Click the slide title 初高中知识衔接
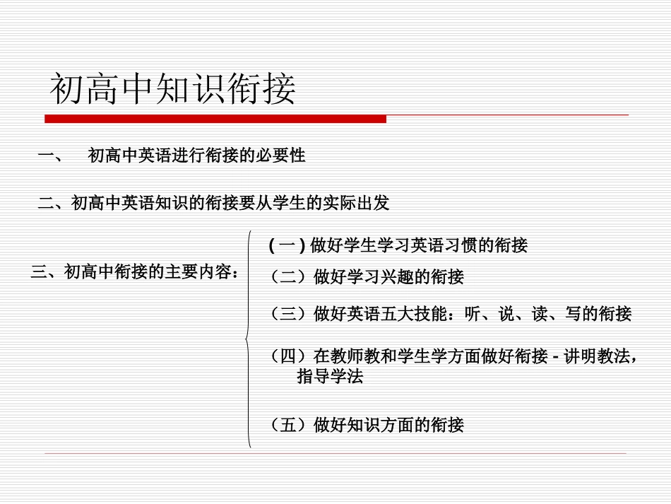pyautogui.click(x=173, y=90)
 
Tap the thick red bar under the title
pyautogui.click(x=215, y=119)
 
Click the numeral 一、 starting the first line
pyautogui.click(x=49, y=156)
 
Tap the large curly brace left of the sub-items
pyautogui.click(x=248, y=339)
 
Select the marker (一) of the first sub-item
pyautogui.click(x=287, y=245)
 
